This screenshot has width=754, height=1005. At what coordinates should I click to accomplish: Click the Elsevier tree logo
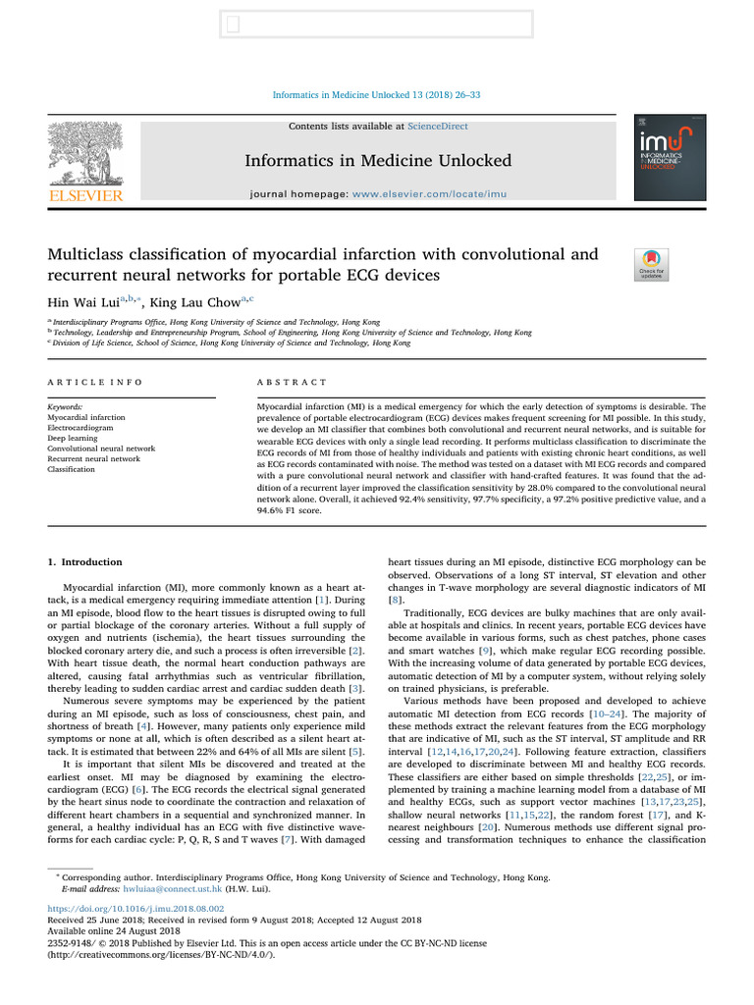(85, 158)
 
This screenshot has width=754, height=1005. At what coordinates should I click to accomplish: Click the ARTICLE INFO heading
(94, 382)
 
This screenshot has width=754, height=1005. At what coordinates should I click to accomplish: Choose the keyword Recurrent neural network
(93, 458)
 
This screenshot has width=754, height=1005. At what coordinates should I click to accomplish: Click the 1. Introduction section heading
(85, 562)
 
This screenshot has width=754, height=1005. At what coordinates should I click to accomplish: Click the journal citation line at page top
(376, 95)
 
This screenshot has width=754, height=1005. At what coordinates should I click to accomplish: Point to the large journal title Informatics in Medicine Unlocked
(378, 160)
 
